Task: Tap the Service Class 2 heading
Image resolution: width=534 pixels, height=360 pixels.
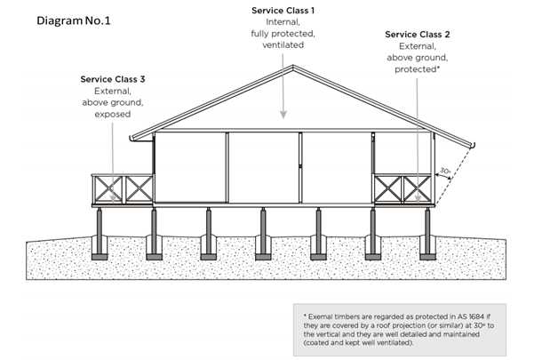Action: click(x=417, y=35)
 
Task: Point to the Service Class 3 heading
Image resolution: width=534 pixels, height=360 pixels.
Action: click(x=112, y=79)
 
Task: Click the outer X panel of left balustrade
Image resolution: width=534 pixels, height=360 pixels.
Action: click(x=108, y=188)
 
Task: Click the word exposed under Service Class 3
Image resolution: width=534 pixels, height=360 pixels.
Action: click(x=112, y=115)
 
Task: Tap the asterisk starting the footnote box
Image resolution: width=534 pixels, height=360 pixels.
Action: click(x=304, y=316)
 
